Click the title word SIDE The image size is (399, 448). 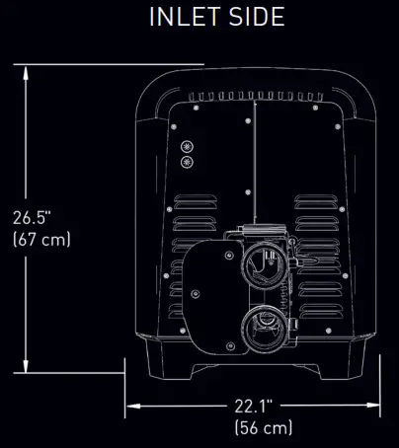pyautogui.click(x=255, y=17)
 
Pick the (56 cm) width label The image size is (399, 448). pyautogui.click(x=264, y=427)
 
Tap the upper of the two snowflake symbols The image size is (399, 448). pyautogui.click(x=186, y=144)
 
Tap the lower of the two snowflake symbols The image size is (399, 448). pyautogui.click(x=186, y=161)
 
